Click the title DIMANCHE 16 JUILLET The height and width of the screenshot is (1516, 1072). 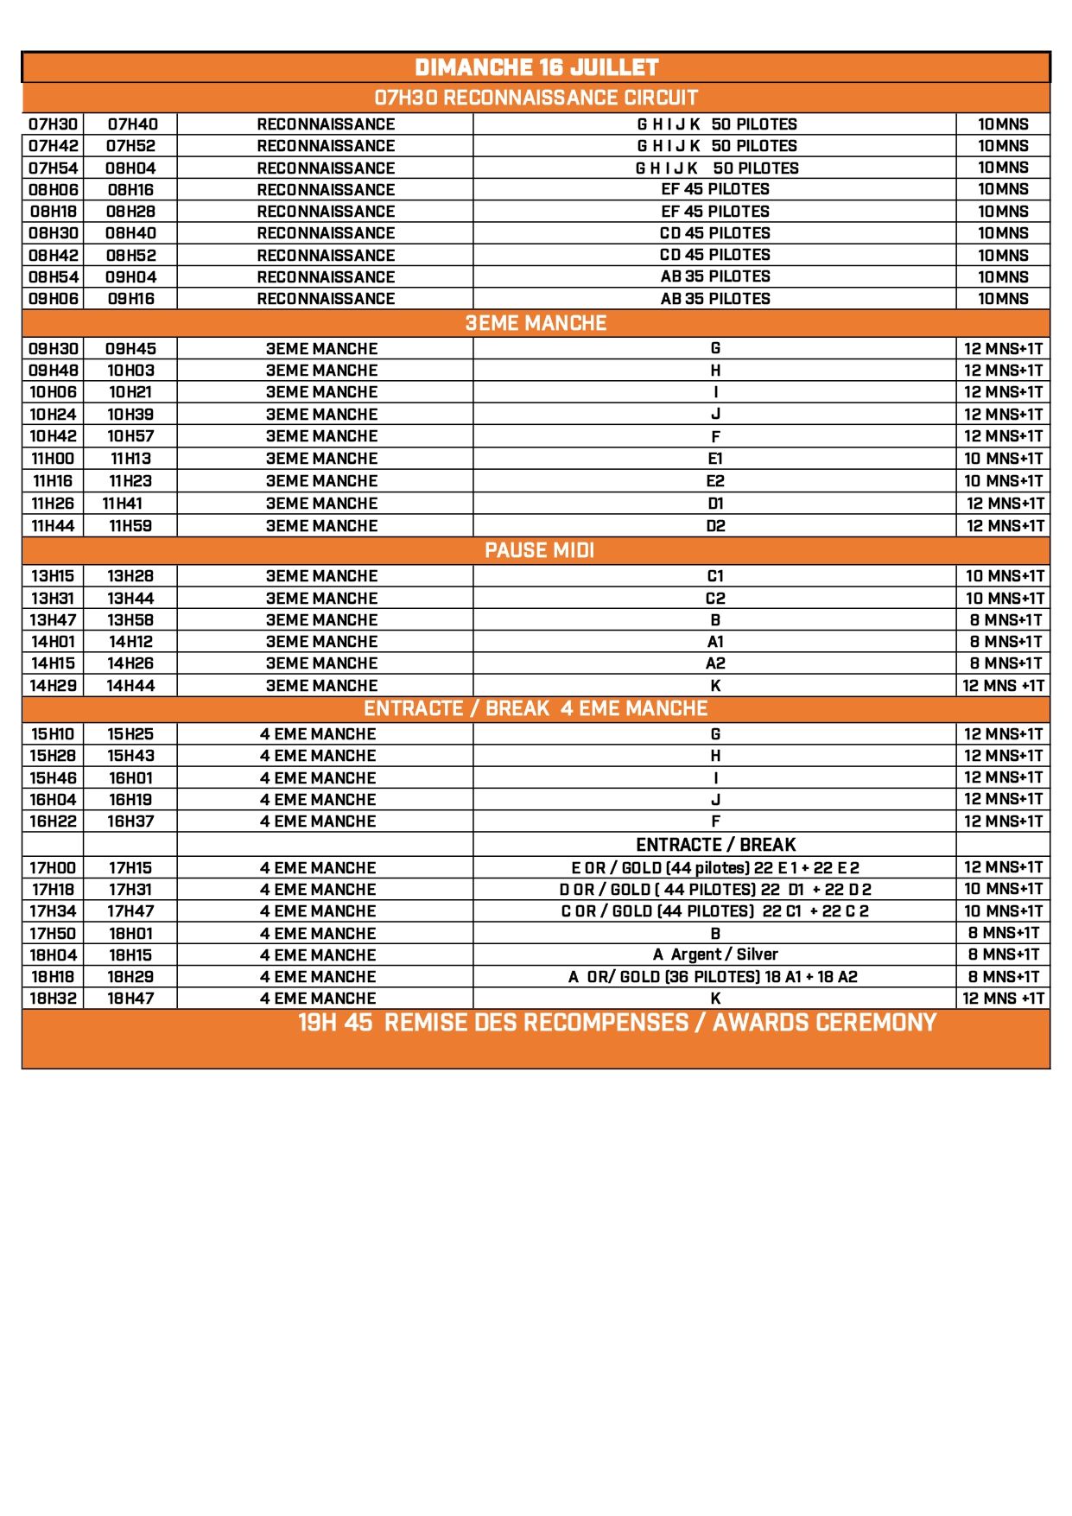[536, 67]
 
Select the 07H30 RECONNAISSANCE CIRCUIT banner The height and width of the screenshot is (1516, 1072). [536, 98]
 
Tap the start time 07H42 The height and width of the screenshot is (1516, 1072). [54, 146]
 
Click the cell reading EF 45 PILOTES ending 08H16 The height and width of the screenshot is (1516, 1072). [715, 189]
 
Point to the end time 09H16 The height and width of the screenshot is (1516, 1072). [131, 299]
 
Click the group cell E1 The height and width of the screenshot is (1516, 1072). [715, 459]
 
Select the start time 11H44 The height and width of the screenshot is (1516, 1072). [54, 526]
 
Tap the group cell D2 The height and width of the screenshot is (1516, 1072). [715, 526]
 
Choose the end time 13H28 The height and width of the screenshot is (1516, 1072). [131, 576]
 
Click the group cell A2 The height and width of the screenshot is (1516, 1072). [715, 663]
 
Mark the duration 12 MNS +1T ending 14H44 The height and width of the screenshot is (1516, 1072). [1004, 686]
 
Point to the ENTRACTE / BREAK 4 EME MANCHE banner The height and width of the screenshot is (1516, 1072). [536, 709]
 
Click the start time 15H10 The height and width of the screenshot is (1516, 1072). [54, 734]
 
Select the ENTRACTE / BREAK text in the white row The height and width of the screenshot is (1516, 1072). [715, 845]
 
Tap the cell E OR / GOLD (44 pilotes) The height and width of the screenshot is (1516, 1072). [715, 868]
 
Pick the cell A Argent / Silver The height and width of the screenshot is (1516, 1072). [715, 955]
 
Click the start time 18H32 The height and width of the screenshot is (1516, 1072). [54, 999]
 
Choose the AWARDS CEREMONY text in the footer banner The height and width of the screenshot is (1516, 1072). [824, 1023]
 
